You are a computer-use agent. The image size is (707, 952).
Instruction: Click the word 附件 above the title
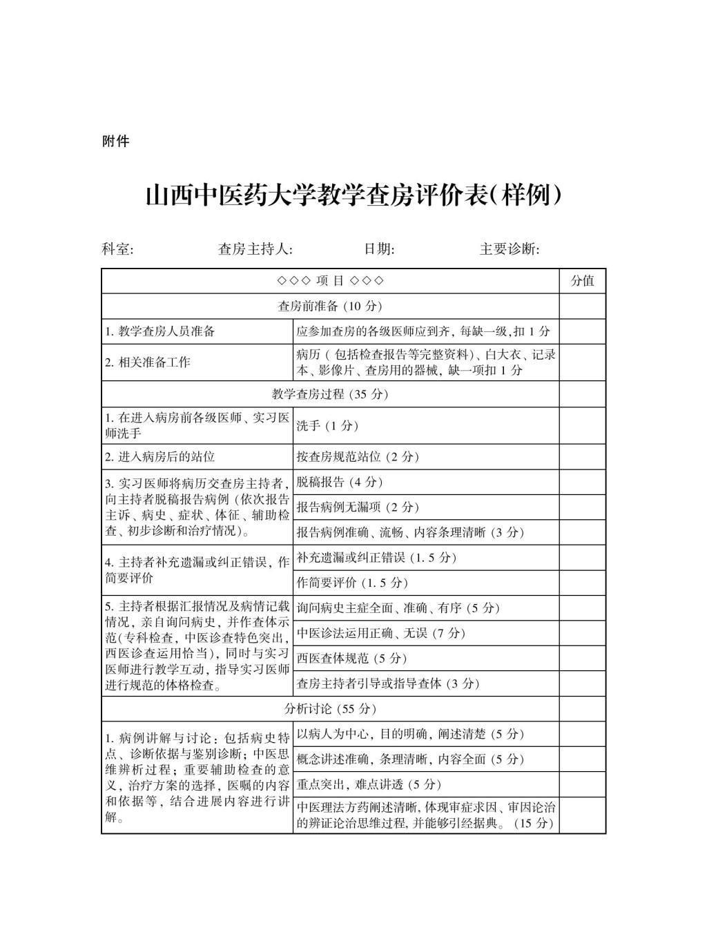115,142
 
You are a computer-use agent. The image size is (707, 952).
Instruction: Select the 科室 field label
117,249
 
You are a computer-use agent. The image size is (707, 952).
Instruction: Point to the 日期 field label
379,249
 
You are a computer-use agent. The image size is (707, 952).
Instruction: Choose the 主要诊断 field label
509,249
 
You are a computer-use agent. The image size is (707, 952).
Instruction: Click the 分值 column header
582,281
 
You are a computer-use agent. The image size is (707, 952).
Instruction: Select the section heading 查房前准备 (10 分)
329,306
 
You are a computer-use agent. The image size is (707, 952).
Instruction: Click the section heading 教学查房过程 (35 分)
329,394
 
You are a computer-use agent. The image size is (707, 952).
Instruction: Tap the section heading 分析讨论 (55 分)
329,709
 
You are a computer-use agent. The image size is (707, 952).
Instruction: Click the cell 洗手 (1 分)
327,426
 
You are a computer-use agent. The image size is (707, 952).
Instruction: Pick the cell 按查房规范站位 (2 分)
358,457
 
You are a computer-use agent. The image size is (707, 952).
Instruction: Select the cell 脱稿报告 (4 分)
339,482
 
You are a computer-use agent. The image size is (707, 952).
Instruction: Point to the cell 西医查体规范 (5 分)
351,658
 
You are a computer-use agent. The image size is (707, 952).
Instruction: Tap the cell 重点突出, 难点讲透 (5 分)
369,784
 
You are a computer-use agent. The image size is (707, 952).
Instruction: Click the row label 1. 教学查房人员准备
160,331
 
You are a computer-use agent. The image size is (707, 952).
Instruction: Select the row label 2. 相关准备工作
148,362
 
